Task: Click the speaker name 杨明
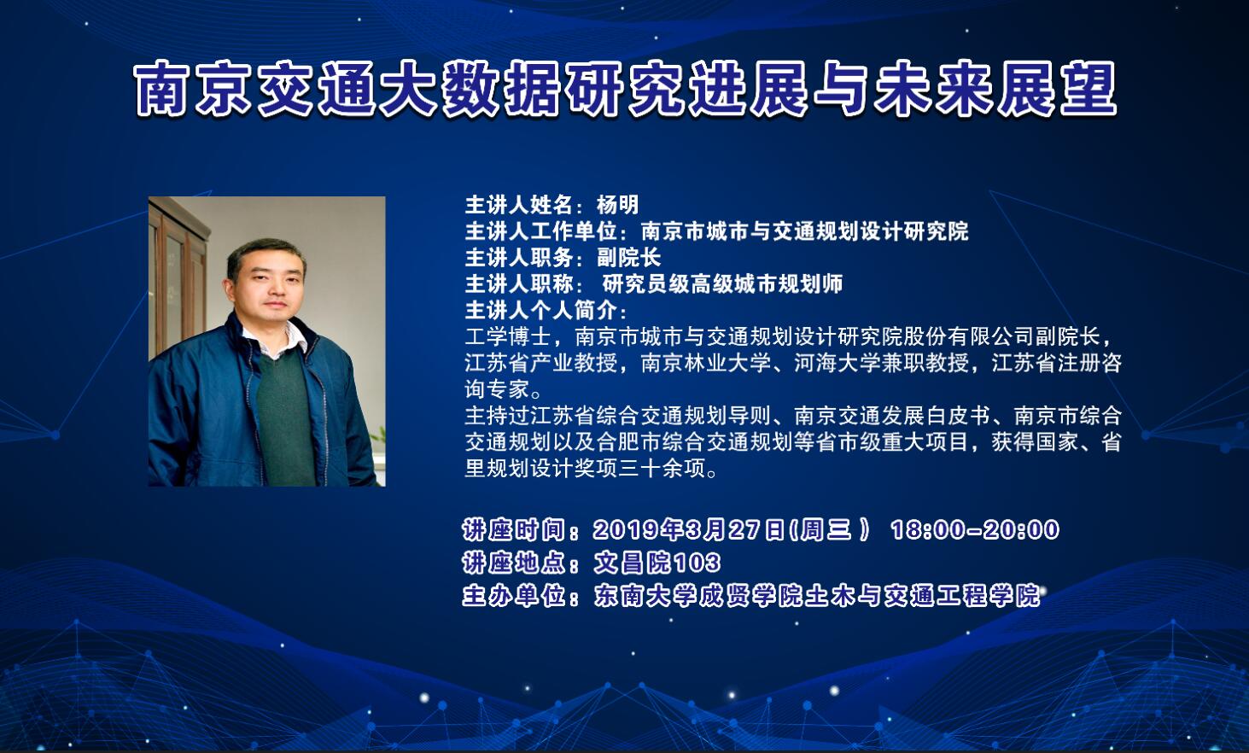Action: (x=618, y=205)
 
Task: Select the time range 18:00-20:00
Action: (x=975, y=529)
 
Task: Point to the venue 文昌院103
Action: (x=657, y=563)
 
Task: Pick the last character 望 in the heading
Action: (x=1088, y=90)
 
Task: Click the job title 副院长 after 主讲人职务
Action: (x=629, y=258)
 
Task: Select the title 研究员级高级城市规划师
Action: (x=722, y=284)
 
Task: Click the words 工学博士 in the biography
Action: (x=508, y=336)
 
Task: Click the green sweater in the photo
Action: (x=285, y=418)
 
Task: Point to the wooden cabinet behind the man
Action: (x=178, y=279)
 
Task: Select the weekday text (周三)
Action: (x=831, y=529)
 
